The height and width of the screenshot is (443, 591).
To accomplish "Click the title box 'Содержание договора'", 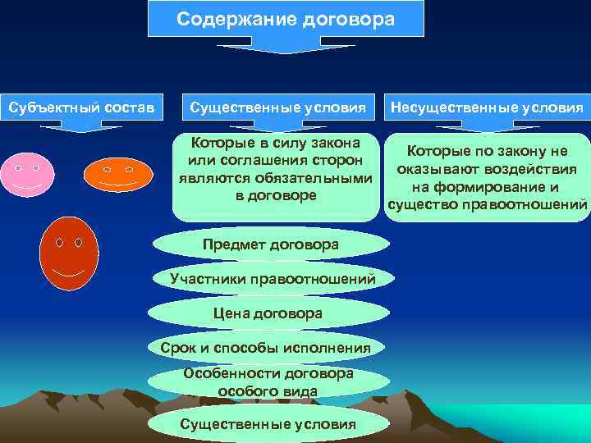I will (286, 19).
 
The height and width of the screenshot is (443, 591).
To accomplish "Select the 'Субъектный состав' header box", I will (81, 107).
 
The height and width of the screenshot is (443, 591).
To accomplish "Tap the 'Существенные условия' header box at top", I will (278, 107).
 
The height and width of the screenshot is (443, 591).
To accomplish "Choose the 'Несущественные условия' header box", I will (488, 107).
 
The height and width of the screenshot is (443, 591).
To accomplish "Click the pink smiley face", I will (28, 174).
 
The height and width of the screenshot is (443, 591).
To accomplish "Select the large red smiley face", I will (69, 254).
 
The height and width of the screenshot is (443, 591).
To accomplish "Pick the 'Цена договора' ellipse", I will (268, 313).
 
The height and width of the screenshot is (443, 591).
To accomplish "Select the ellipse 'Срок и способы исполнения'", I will (266, 348).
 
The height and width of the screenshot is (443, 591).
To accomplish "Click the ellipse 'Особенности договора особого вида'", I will (268, 382).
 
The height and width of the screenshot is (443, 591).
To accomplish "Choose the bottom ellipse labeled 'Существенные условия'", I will (268, 423).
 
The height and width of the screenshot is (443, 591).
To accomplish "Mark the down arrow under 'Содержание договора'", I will (285, 45).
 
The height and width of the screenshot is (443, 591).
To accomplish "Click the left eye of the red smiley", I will (59, 243).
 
